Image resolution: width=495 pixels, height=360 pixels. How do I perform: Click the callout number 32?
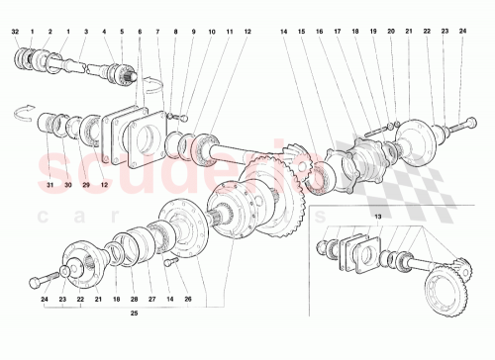[x=16, y=32]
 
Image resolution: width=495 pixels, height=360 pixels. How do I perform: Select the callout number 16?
[x=319, y=32]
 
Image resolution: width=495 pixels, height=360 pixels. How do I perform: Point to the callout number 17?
[x=337, y=32]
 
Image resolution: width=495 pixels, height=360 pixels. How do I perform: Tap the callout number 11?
[x=229, y=32]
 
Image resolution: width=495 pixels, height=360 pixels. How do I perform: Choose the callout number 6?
[x=140, y=32]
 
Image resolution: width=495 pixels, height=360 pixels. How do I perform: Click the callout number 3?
[x=86, y=32]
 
